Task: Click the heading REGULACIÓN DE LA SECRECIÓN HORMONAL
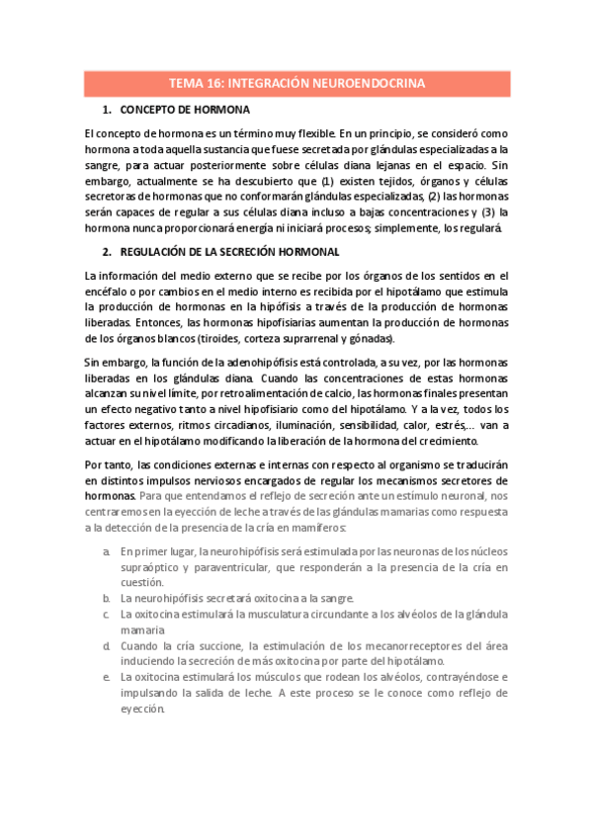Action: click(227, 253)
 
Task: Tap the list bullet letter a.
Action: click(106, 551)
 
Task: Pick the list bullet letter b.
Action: click(106, 598)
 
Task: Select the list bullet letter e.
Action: click(106, 677)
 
